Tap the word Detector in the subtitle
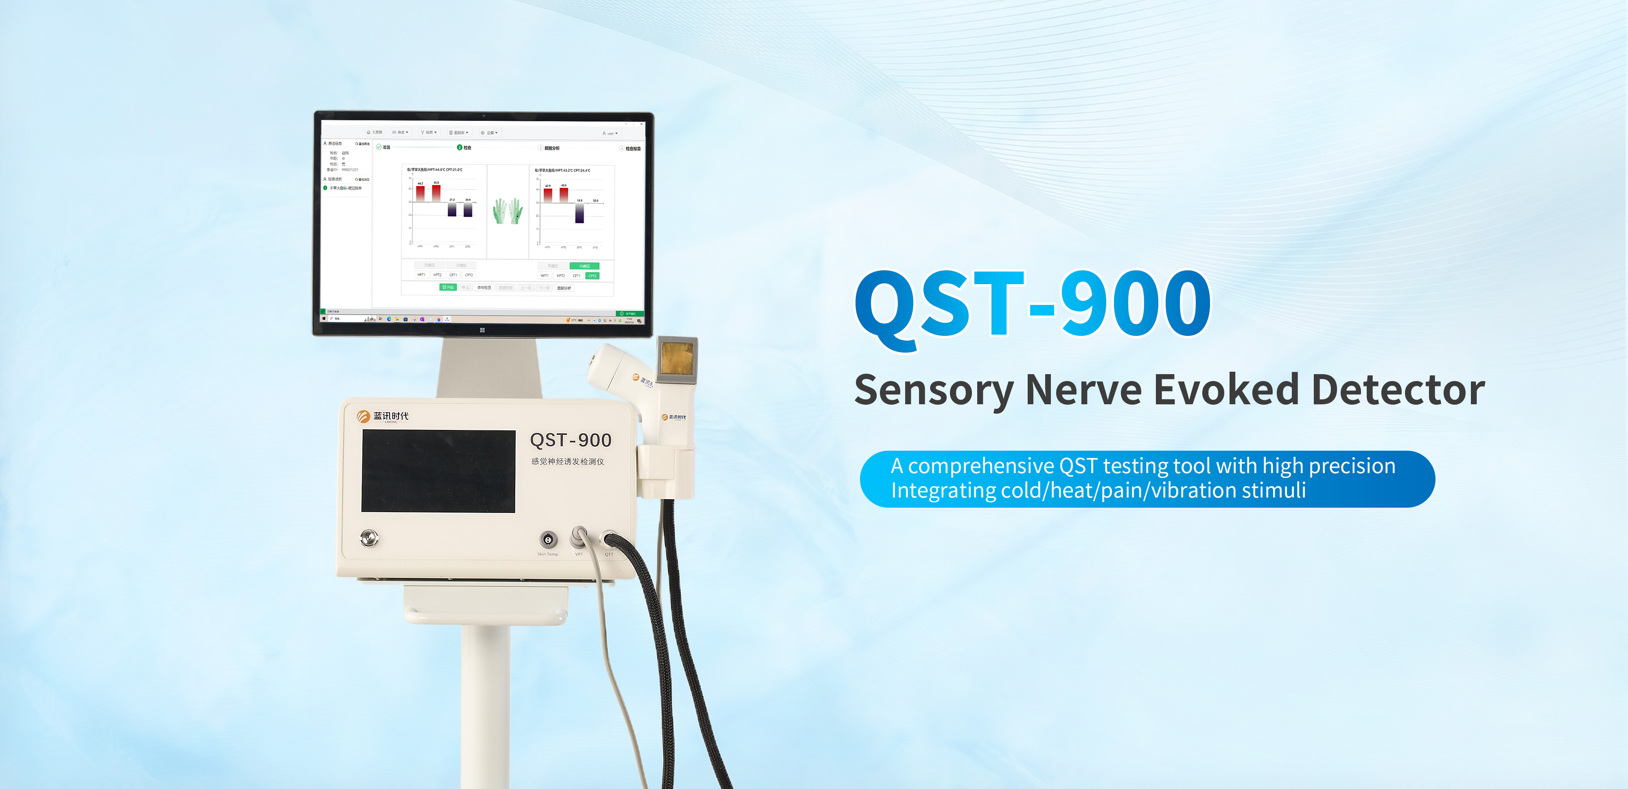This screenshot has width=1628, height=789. pos(1398,390)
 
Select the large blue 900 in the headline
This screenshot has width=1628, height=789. pos(1135,304)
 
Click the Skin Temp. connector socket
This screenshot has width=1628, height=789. pos(548,539)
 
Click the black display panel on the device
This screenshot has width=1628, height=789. pos(438,471)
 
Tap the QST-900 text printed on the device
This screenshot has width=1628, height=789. pos(570,440)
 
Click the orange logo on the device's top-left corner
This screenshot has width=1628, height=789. pos(363,416)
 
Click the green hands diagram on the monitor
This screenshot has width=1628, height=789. pos(508,211)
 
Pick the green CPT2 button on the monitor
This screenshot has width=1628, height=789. pos(592,276)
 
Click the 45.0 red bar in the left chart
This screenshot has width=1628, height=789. pos(436,193)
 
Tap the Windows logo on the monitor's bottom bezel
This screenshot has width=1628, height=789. pos(482,330)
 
